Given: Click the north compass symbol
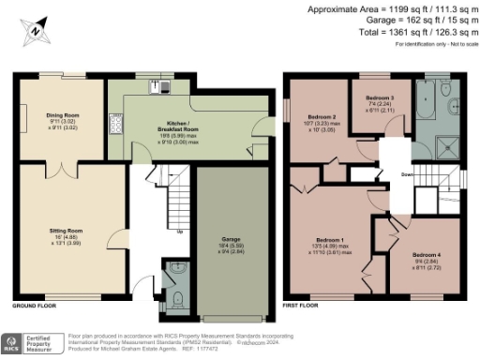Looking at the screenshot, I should pos(35,30).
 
